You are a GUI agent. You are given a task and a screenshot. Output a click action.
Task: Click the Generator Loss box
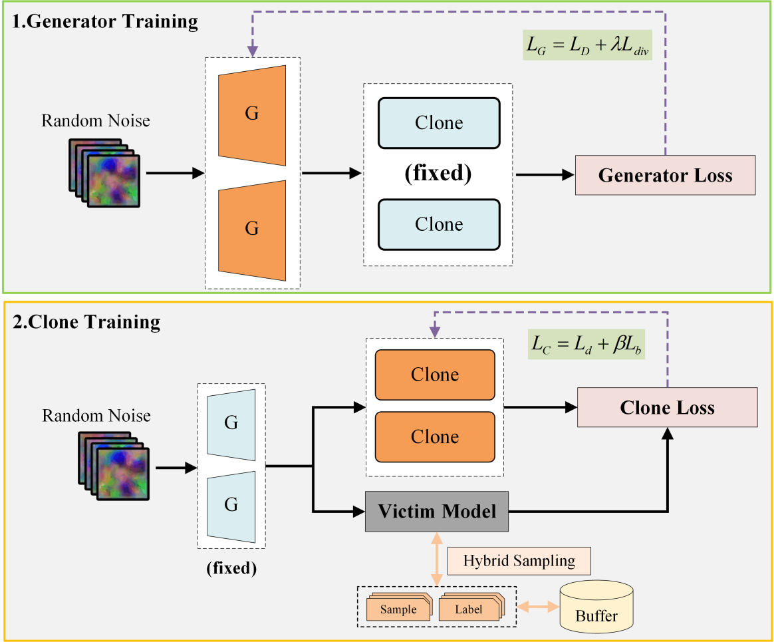(x=665, y=175)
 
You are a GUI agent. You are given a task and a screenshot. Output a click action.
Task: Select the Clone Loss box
(x=667, y=407)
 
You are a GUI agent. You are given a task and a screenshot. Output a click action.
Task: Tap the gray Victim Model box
(x=436, y=512)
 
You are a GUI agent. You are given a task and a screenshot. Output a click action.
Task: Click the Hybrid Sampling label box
(x=519, y=561)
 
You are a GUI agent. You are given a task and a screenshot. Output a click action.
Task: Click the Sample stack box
(x=398, y=609)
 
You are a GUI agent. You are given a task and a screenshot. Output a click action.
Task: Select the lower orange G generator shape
(x=252, y=228)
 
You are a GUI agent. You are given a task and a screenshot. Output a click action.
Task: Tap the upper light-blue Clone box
(x=439, y=123)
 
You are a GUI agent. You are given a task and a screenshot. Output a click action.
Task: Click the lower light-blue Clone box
(x=439, y=224)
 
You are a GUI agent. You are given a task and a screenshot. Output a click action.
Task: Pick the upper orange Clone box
(x=435, y=375)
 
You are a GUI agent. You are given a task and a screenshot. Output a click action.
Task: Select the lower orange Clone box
(x=435, y=437)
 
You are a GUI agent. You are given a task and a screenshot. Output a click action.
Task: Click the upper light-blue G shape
(x=231, y=422)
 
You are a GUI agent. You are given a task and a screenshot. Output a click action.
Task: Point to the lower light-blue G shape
(x=231, y=505)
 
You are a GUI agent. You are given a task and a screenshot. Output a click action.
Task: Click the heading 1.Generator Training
(x=105, y=21)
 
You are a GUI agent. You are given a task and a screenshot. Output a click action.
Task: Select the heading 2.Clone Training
(x=86, y=322)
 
